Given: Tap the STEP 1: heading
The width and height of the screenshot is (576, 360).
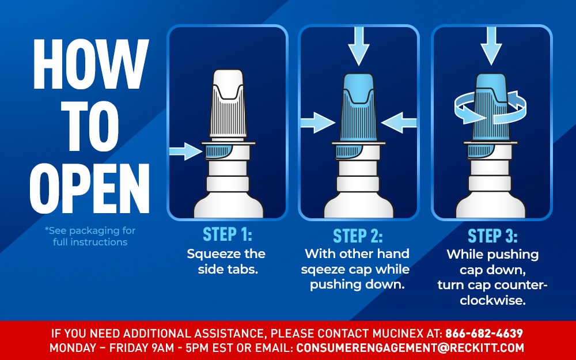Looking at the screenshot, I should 227,234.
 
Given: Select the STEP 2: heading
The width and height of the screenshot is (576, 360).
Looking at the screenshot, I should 358,236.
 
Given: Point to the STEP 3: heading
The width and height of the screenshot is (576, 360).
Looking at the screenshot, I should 492,236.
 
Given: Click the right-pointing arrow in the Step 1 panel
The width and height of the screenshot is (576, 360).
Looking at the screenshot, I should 185,151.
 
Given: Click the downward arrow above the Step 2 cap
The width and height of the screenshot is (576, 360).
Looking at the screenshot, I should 358,46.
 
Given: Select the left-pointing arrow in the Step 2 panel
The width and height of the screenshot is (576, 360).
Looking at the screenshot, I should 399,122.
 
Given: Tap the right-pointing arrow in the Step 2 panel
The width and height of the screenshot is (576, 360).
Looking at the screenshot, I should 317,122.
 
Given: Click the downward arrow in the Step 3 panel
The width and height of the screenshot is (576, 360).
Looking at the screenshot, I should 491,45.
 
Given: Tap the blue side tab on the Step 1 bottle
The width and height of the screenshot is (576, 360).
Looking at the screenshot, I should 218,152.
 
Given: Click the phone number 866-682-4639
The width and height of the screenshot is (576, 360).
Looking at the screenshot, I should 484,334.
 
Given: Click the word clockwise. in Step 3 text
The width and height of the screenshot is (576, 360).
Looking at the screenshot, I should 493,301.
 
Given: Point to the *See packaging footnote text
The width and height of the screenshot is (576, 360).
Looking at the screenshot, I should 90,236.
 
